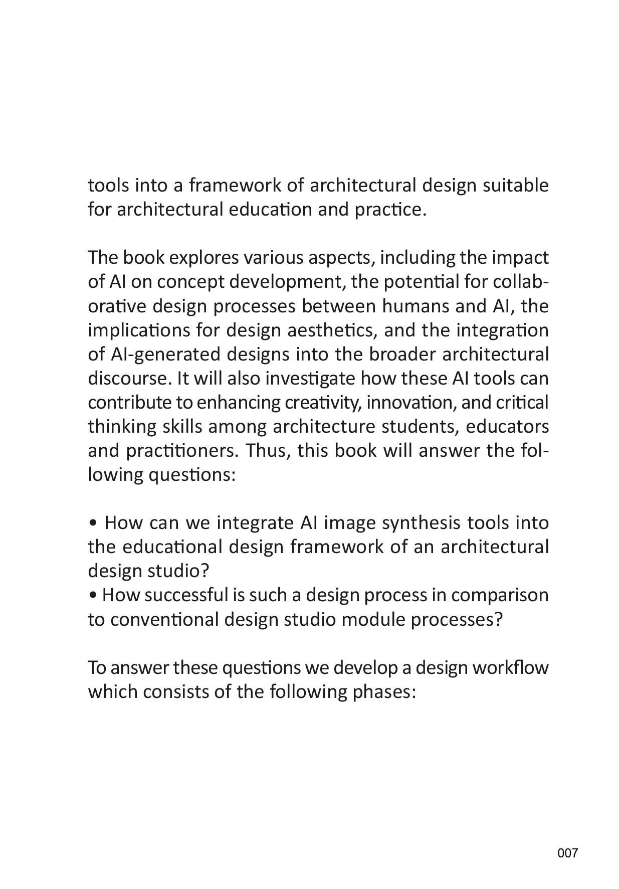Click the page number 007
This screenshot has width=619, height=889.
[567, 853]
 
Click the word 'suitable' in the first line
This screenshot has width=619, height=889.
[515, 186]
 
